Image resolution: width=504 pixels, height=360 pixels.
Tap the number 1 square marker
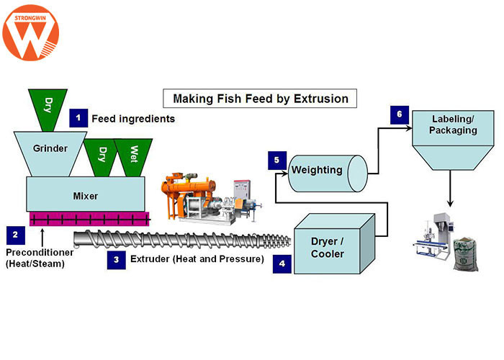coord(78,118)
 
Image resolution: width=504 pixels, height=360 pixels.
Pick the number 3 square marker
coord(117,258)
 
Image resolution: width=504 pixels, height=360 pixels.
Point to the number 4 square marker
coord(282,264)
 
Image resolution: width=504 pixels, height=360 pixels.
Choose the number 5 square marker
coord(277,161)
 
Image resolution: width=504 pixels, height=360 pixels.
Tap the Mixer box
coord(86,194)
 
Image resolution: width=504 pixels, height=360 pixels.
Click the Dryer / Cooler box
coord(334,245)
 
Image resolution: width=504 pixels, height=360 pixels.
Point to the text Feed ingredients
coord(133,118)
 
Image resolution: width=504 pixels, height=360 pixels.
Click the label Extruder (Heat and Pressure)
coord(197,258)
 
